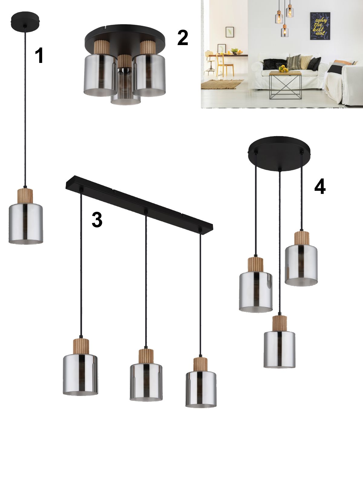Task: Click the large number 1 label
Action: pos(39,56)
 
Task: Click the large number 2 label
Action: pos(183,38)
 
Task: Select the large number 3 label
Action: pos(97,219)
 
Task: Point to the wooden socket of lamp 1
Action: pos(25,196)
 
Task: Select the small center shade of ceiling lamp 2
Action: pos(125,86)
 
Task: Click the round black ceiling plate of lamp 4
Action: pos(279,153)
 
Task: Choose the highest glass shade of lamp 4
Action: pos(301,265)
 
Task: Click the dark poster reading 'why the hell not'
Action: pos(320,26)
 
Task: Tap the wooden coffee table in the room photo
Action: pos(285,85)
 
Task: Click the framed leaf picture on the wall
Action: pos(230,32)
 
